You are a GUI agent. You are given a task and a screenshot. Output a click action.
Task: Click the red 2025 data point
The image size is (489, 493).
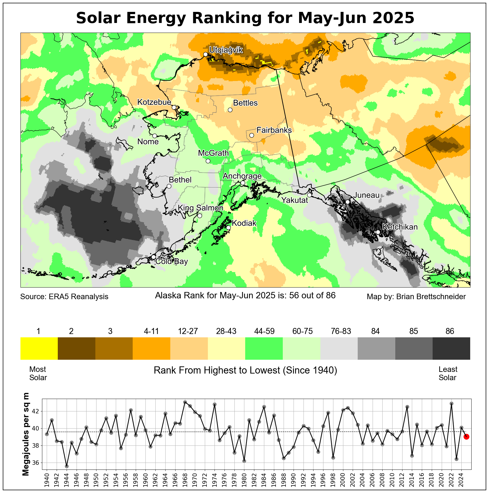click(466, 437)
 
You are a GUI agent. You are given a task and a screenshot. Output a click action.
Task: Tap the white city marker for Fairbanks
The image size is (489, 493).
click(252, 135)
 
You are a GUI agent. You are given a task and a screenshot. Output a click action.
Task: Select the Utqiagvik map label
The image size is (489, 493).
click(226, 50)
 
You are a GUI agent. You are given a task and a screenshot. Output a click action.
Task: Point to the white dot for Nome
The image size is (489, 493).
click(155, 136)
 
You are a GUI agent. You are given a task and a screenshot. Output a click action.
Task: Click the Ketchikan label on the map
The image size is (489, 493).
click(400, 227)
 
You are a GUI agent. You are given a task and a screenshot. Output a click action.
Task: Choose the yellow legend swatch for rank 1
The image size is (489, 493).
click(39, 348)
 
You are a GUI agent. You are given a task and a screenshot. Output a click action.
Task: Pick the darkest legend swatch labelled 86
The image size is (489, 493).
click(451, 348)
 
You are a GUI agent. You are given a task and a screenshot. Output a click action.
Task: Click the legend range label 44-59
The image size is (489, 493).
click(264, 331)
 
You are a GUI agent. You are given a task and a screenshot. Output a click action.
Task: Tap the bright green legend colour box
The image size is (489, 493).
click(264, 348)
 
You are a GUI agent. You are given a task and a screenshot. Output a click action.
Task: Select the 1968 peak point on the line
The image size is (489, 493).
click(185, 402)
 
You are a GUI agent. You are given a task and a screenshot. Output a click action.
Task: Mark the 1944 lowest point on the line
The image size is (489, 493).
click(67, 466)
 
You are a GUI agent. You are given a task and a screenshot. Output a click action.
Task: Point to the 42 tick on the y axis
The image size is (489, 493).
click(36, 411)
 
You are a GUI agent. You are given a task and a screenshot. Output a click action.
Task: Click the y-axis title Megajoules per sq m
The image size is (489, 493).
click(26, 434)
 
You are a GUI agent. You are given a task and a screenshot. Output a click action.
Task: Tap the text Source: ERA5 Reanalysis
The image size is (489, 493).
click(64, 297)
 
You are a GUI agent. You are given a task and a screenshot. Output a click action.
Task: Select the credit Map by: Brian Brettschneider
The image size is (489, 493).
click(416, 297)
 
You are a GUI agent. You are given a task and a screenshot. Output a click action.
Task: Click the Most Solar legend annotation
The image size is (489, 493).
click(38, 373)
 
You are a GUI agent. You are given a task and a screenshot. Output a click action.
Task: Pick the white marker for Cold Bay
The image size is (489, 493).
click(154, 257)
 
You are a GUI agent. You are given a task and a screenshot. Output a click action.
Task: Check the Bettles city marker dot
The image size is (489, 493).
click(230, 110)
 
